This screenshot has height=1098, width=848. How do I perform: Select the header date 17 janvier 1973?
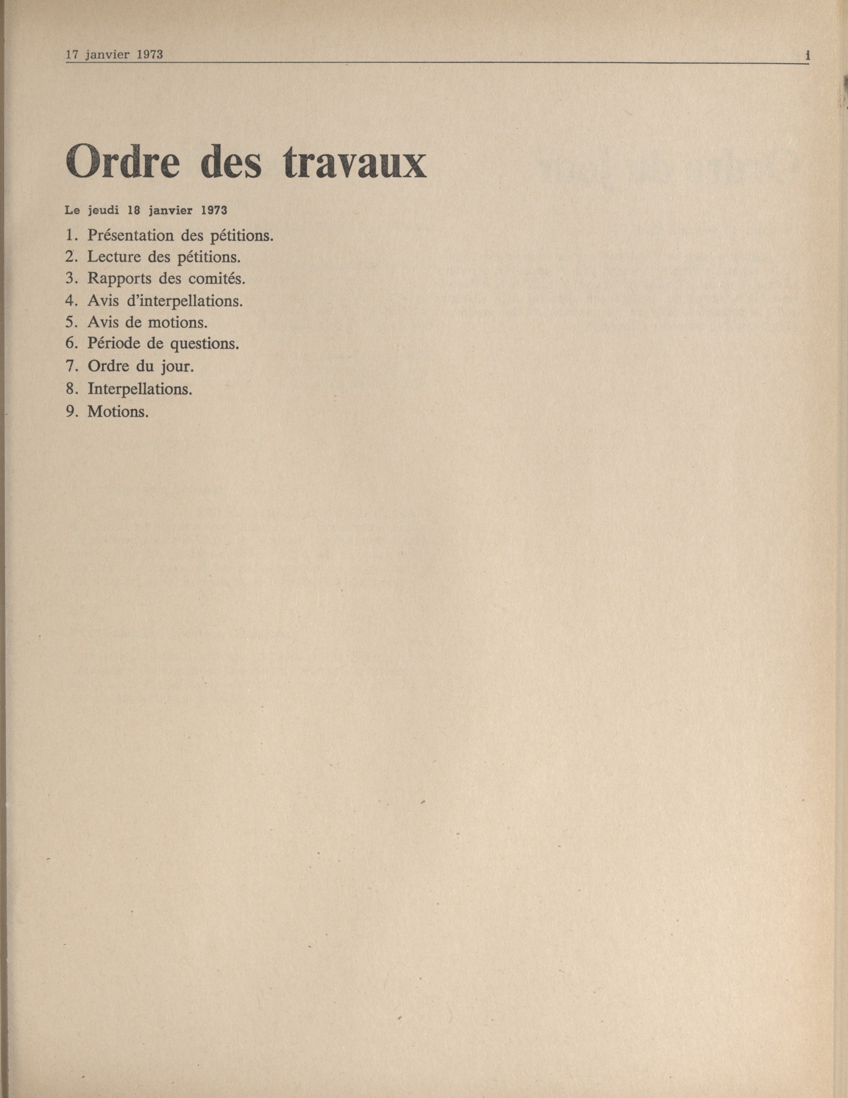coord(115,55)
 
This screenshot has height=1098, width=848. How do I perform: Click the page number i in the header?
coord(807,56)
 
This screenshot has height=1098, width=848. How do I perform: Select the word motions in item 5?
coord(178,322)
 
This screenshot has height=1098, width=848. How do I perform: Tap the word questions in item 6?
coord(204,344)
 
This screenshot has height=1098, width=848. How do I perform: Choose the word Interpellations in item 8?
coord(140,389)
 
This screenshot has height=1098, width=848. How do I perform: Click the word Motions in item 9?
coord(118,411)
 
